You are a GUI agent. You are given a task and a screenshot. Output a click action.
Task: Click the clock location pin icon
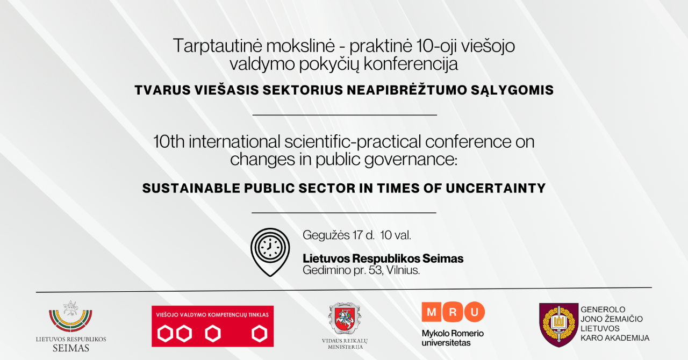[270, 252]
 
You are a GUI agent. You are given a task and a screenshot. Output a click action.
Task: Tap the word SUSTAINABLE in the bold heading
[191, 188]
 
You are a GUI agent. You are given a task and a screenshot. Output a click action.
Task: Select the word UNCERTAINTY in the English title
[496, 188]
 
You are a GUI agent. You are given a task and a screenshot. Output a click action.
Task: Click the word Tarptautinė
[218, 46]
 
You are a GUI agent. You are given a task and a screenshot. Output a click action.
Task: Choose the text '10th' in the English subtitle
[169, 142]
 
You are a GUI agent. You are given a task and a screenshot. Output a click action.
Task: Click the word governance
[411, 160]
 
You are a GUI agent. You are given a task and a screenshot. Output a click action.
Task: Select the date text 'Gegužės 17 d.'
[339, 235]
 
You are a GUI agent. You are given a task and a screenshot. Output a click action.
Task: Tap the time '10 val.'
[396, 235]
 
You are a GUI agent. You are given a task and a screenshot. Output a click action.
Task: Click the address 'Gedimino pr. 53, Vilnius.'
[361, 270]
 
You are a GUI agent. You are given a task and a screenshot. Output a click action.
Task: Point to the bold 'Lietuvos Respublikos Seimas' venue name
[383, 258]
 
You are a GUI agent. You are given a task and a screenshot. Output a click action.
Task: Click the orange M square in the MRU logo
[432, 312]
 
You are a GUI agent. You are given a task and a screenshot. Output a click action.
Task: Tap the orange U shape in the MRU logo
[475, 312]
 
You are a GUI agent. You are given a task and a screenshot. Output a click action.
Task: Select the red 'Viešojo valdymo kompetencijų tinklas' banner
[212, 326]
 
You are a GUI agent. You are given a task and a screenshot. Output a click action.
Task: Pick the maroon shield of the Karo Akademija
[558, 325]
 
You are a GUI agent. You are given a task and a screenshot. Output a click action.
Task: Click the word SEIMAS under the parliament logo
[70, 348]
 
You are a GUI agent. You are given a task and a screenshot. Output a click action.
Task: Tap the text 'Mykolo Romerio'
[453, 333]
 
